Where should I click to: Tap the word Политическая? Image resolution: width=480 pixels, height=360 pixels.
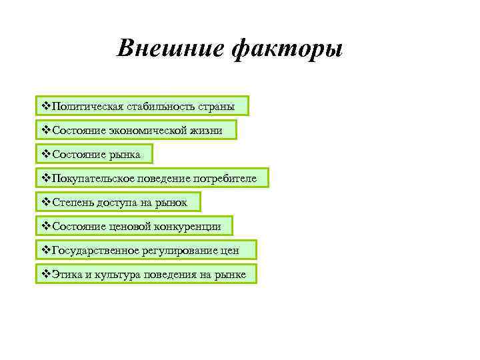pos(84,106)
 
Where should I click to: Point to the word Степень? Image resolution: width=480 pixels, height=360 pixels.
pos(71,202)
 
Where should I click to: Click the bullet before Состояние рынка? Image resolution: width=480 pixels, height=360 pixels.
pos(46,154)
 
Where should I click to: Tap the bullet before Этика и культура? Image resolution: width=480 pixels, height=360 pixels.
pos(46,274)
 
